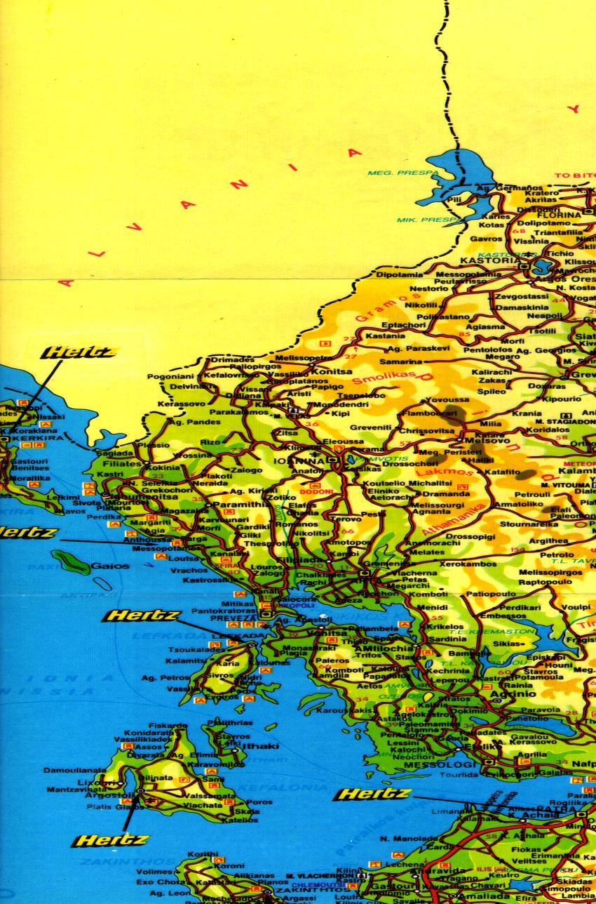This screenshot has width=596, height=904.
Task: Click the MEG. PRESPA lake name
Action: tap(397, 173)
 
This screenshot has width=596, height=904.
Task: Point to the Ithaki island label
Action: tap(260, 746)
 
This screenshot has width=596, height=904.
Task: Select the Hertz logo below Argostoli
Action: tap(110, 839)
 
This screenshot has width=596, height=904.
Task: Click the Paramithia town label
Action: tap(240, 504)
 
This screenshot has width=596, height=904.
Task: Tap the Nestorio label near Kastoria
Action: tap(428, 288)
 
